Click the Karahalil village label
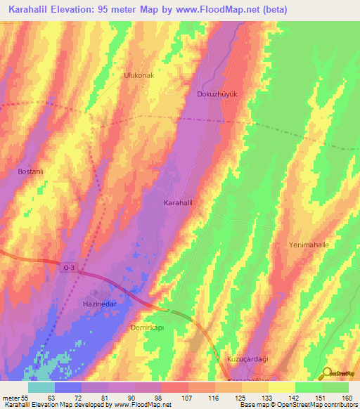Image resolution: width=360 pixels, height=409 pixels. (178, 202)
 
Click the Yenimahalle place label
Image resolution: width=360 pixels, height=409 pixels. (309, 245)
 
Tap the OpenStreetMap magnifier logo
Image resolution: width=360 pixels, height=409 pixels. (327, 373)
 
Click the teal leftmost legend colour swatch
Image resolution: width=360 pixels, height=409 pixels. (41, 387)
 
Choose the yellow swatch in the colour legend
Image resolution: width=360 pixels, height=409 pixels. (282, 387)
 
